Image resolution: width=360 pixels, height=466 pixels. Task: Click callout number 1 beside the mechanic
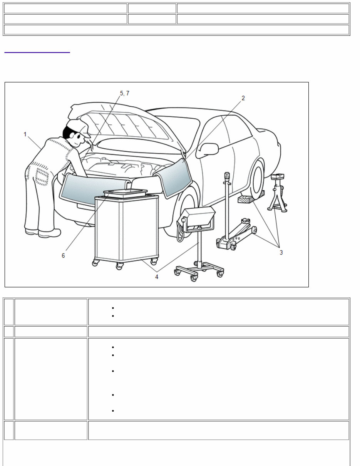click(x=25, y=134)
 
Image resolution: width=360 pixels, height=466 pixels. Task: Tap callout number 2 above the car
click(x=243, y=98)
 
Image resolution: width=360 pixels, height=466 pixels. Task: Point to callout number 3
click(x=281, y=252)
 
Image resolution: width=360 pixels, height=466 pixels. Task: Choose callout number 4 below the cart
click(x=157, y=277)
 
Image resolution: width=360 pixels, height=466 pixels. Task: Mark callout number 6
click(x=64, y=255)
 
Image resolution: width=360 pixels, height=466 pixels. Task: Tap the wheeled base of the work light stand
click(x=198, y=269)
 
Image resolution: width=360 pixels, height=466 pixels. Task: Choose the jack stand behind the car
click(x=278, y=193)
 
